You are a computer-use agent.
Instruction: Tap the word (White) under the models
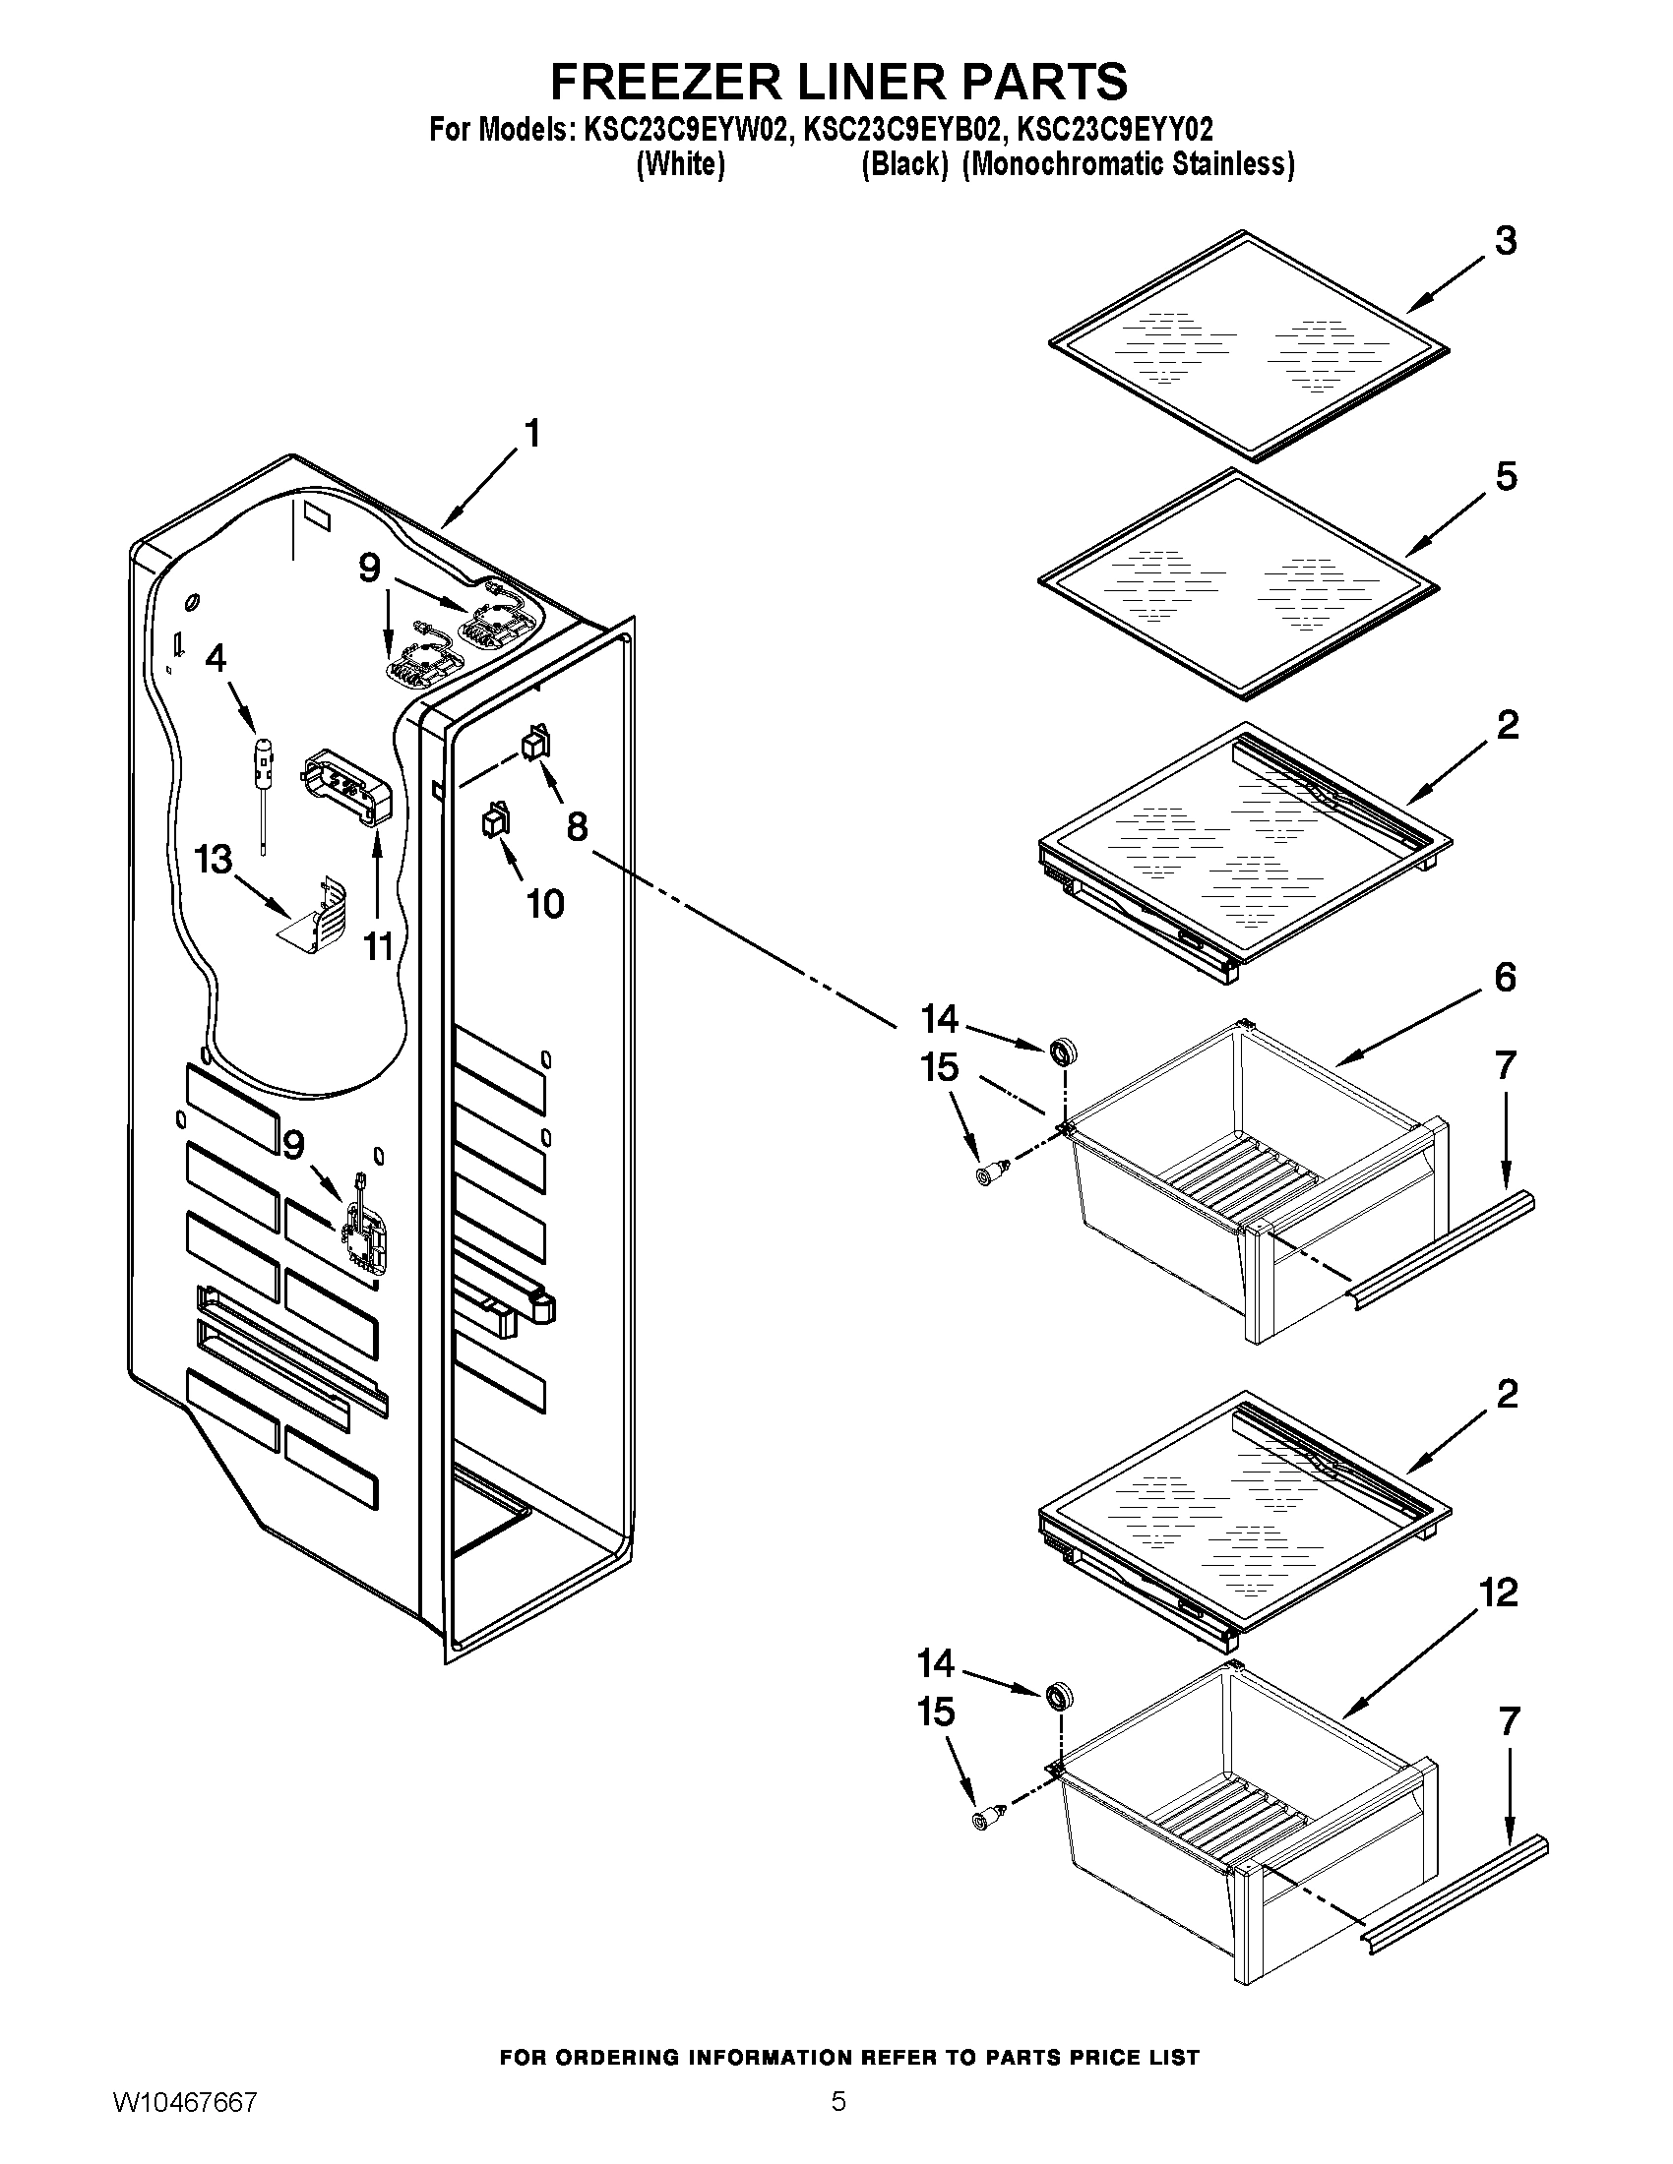tap(680, 163)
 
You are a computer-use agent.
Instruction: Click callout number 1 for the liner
tap(532, 434)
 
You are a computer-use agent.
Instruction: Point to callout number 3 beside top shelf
tap(1505, 241)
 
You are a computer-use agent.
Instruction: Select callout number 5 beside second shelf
tap(1505, 477)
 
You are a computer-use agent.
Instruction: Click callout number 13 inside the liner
tap(214, 859)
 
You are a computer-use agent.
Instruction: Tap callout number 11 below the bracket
tap(378, 947)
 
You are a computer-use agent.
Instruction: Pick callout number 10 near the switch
tap(544, 903)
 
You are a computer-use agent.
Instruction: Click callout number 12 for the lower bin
tap(1498, 1593)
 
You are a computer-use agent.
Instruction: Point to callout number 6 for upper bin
tap(1505, 978)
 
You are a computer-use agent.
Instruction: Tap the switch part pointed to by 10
tap(494, 821)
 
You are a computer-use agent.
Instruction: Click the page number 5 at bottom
tap(838, 2125)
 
